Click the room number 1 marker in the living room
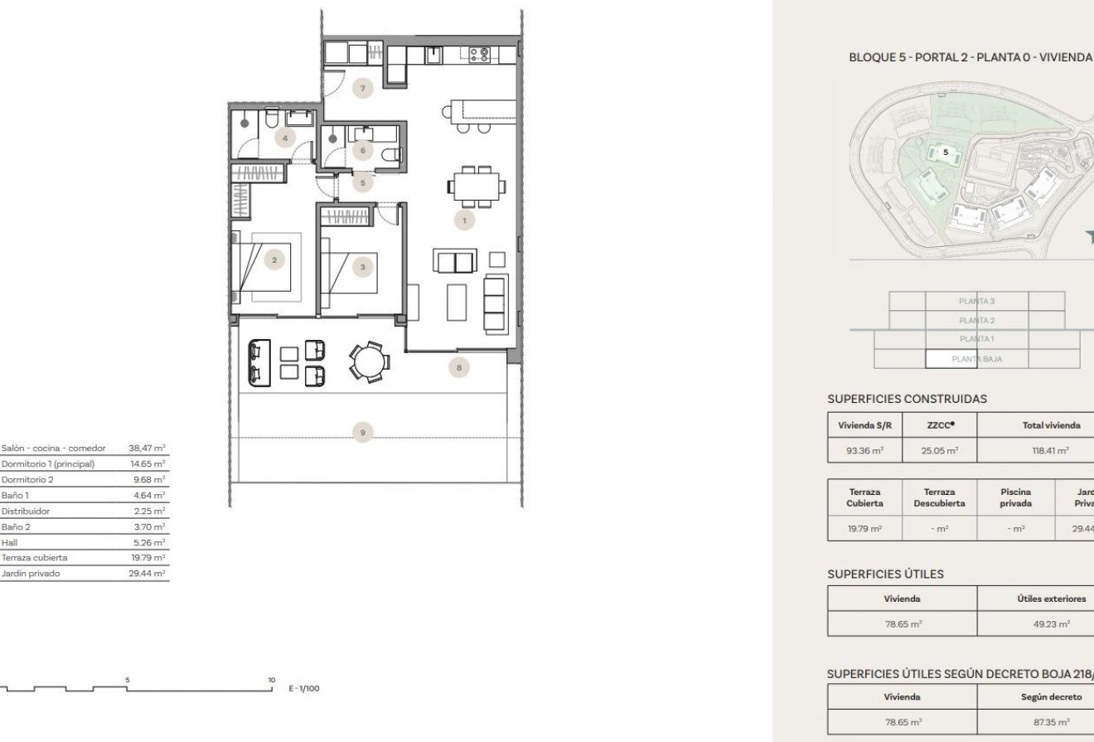click(464, 221)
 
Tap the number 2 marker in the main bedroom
click(275, 259)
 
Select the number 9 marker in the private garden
click(362, 432)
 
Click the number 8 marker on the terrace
click(458, 366)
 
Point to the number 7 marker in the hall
click(361, 87)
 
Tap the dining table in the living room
click(477, 185)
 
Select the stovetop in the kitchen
click(480, 55)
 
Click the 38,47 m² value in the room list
click(147, 448)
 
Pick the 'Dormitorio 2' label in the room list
click(27, 479)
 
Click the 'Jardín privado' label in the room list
click(31, 573)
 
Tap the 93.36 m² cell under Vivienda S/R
click(864, 450)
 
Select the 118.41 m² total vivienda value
click(1051, 450)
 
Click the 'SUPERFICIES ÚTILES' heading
click(885, 574)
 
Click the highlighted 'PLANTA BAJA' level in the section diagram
click(976, 359)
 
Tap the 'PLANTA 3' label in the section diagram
click(976, 302)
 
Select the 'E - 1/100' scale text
click(303, 688)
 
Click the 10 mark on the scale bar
click(271, 680)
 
